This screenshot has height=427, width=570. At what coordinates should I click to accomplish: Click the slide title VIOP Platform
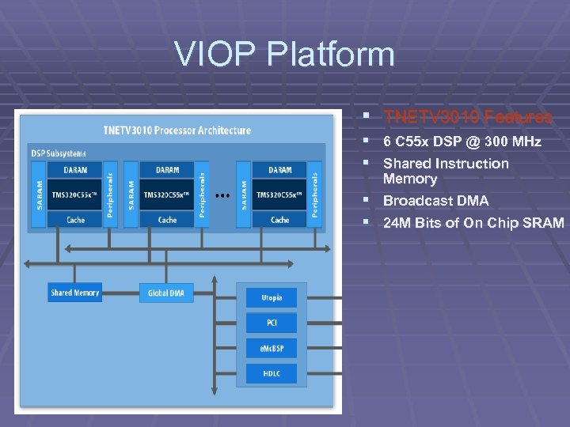pos(284,55)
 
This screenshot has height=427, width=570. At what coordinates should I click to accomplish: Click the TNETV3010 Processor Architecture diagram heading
pos(177,130)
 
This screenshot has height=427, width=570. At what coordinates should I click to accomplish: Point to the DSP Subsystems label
pos(59,153)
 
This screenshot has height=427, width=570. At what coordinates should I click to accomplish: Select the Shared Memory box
pos(75,293)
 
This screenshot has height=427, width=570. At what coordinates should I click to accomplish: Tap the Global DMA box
pos(166,293)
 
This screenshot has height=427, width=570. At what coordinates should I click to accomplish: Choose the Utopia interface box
pos(272,297)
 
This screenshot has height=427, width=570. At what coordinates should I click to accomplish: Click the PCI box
pos(272,323)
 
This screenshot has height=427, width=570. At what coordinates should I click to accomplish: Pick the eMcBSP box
pos(272,348)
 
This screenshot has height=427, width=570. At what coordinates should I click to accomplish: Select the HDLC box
pos(272,373)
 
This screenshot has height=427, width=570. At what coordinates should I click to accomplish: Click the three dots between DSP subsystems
pos(222,194)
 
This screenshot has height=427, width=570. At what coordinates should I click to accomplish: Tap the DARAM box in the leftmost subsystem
pos(76,169)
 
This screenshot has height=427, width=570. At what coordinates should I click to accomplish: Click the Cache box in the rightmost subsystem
pos(279,220)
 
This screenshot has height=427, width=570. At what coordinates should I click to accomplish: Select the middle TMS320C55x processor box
pos(167,195)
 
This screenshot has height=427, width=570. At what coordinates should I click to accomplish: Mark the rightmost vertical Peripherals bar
pos(314,195)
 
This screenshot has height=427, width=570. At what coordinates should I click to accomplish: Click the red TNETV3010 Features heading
pos(467,118)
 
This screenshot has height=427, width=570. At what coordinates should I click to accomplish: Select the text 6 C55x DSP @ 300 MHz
pos(462,142)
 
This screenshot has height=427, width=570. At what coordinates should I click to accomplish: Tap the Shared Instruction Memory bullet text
pos(446,171)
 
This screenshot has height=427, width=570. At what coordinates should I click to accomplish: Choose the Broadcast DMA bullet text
pos(435,201)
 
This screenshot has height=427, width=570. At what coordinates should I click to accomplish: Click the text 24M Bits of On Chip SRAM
pos(473,223)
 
